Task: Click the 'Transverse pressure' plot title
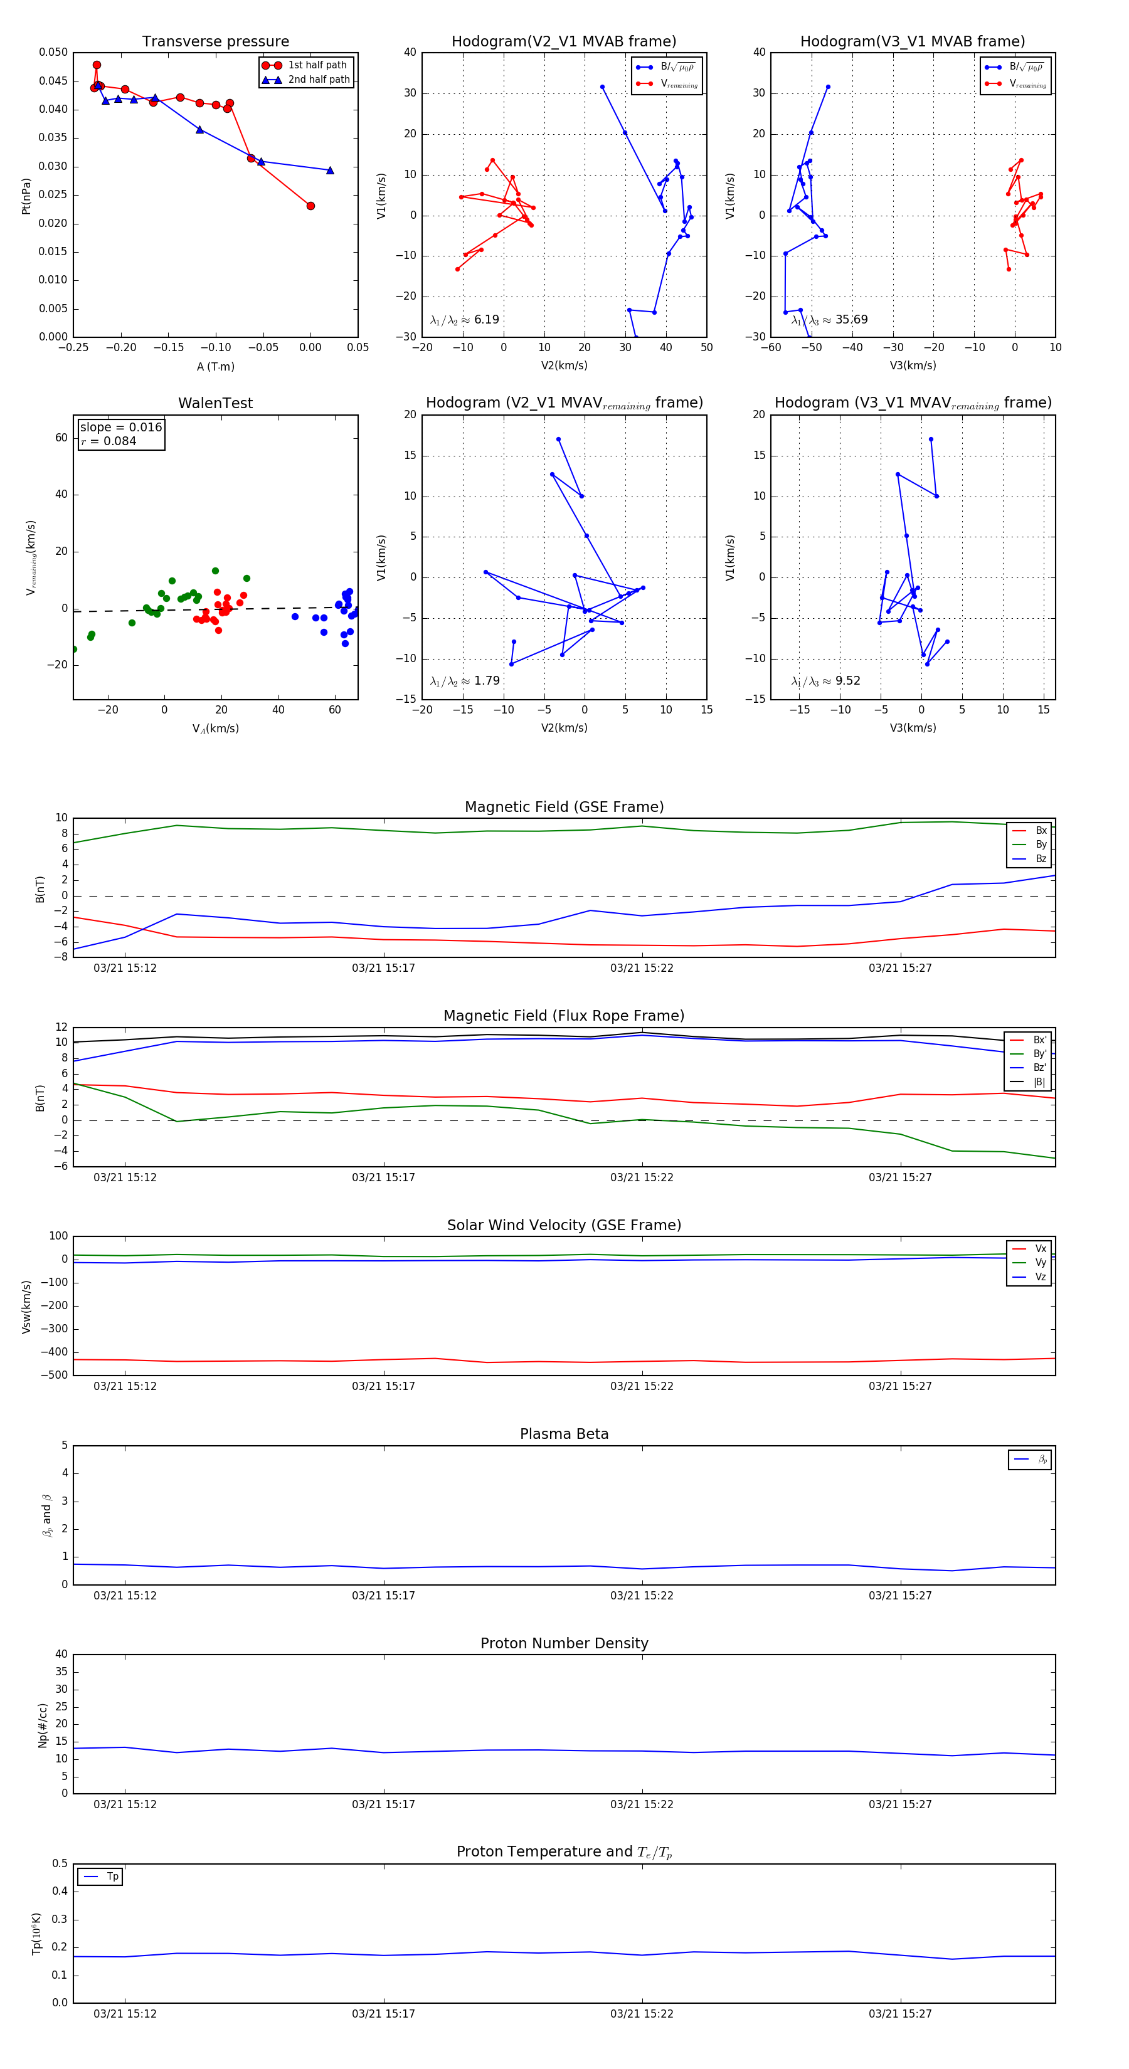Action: [x=215, y=42]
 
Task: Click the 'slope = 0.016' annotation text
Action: [x=120, y=428]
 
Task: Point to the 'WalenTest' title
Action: [x=215, y=403]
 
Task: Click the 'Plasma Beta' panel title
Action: [x=564, y=1434]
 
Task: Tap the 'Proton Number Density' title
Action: [x=564, y=1643]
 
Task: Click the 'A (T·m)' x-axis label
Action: [x=215, y=366]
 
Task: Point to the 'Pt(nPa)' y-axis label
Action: [x=26, y=196]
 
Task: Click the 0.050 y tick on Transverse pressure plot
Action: [x=53, y=52]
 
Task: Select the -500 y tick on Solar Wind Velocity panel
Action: [x=53, y=1374]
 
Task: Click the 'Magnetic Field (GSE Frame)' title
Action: [x=564, y=807]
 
